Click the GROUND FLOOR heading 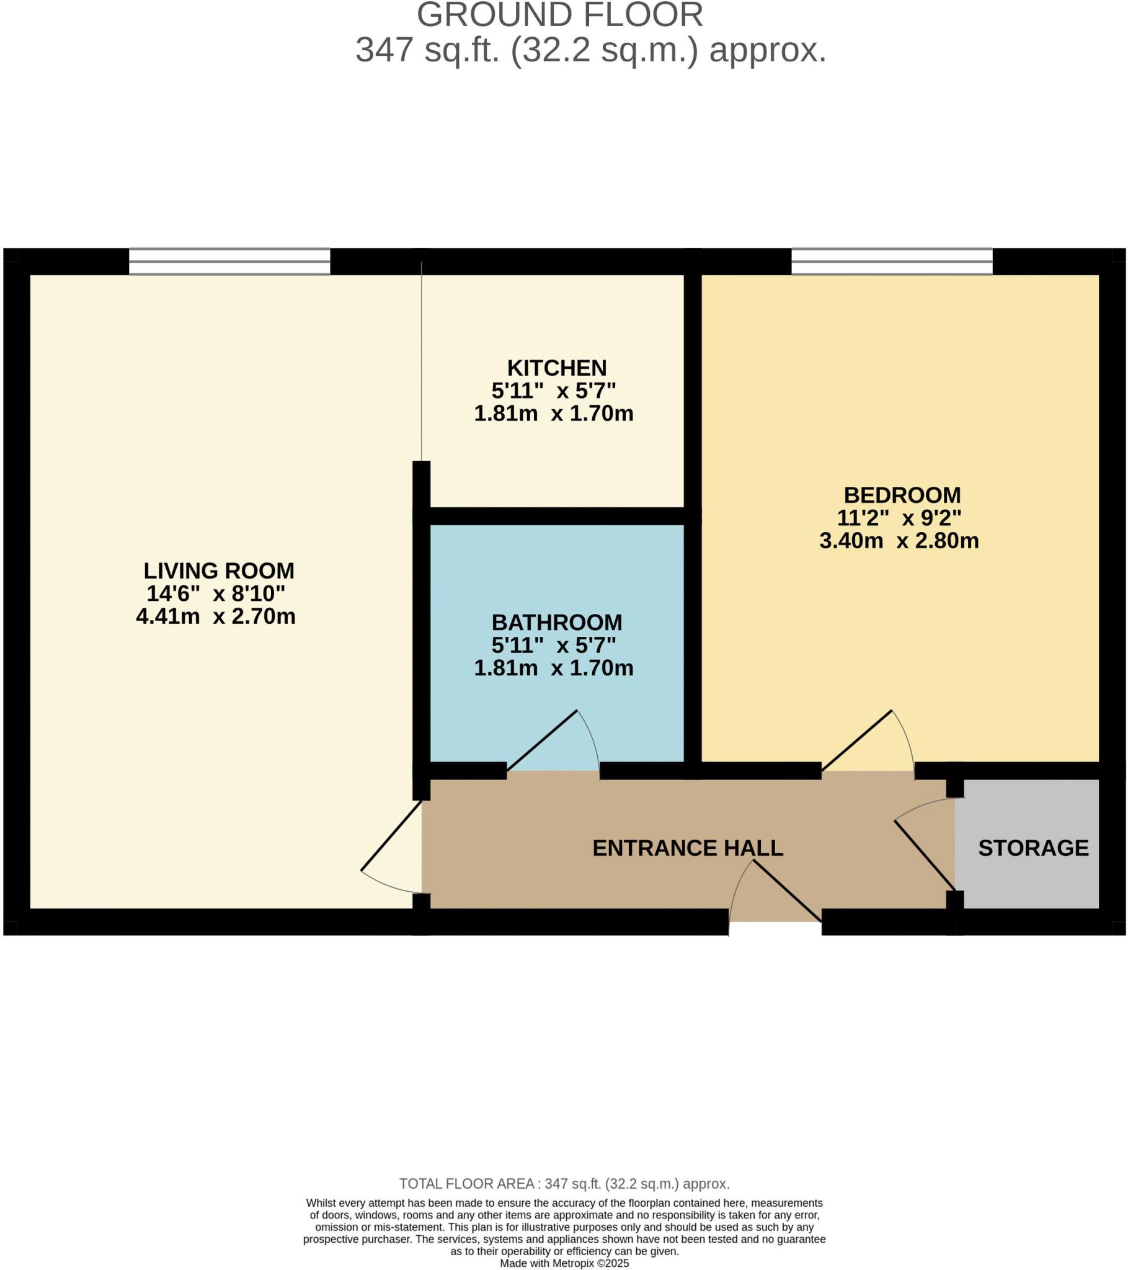coord(559,15)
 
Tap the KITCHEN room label coord(556,368)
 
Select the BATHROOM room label coord(556,622)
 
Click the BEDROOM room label coord(902,495)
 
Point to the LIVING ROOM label coord(219,571)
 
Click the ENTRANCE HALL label coord(687,848)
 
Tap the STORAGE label coord(1033,848)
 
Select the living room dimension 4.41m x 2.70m coord(216,616)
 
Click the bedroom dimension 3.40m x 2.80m coord(899,541)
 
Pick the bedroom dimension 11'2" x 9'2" coord(899,518)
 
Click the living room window coord(229,262)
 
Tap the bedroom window coord(891,262)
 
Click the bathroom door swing coord(553,745)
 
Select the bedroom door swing coord(868,745)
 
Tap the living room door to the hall coord(391,851)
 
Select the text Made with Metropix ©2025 coord(564,1263)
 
